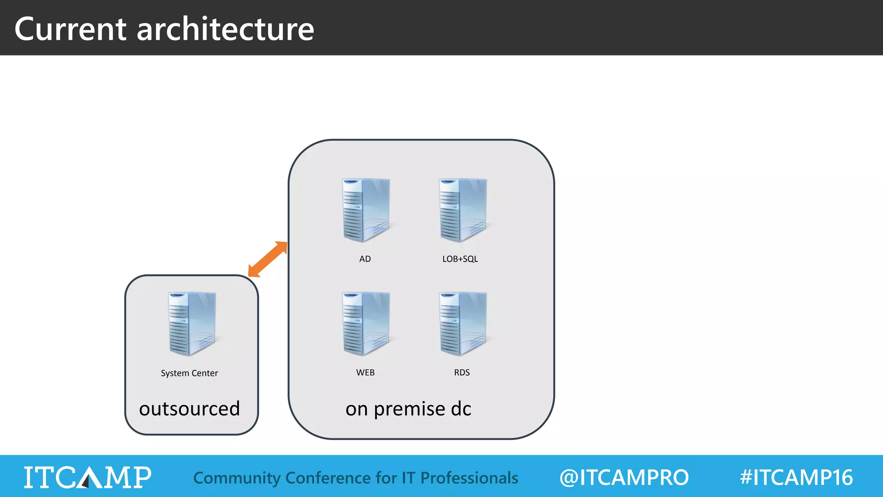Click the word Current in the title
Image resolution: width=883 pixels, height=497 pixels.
70,29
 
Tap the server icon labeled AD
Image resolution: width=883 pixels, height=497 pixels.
366,210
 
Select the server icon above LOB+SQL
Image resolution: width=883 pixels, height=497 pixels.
463,210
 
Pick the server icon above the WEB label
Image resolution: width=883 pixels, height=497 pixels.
366,324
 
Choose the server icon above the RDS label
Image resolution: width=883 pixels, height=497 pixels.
463,324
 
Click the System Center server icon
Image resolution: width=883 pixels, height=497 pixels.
192,324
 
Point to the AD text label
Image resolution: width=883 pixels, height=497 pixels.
365,259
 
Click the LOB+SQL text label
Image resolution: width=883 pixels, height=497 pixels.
460,259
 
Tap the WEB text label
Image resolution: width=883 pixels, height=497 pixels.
365,372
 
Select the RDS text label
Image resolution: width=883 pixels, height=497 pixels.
462,372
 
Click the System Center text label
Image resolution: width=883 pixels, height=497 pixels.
189,373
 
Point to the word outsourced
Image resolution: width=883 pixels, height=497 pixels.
189,409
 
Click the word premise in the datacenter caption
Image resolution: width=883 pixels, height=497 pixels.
410,409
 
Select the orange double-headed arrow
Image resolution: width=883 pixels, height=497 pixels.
268,259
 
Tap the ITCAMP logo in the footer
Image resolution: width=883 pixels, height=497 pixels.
88,477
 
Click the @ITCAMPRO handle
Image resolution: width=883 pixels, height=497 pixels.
624,478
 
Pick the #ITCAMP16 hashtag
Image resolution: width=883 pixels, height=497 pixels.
796,478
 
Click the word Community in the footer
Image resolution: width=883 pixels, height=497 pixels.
237,478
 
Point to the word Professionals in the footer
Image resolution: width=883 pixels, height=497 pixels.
469,478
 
